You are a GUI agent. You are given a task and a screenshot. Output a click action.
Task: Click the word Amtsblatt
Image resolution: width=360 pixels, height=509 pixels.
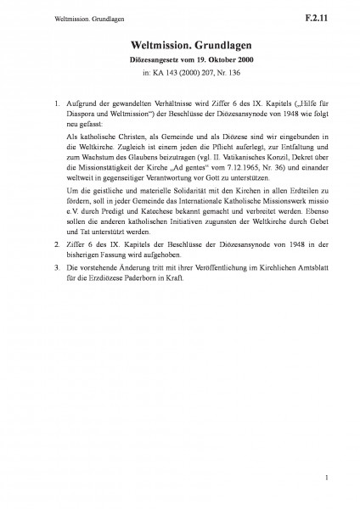[304, 266]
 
